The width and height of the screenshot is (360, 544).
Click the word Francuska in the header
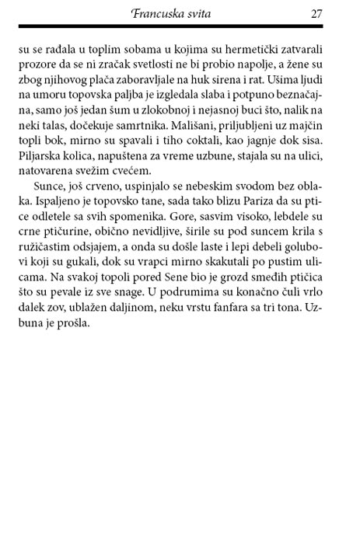163,13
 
